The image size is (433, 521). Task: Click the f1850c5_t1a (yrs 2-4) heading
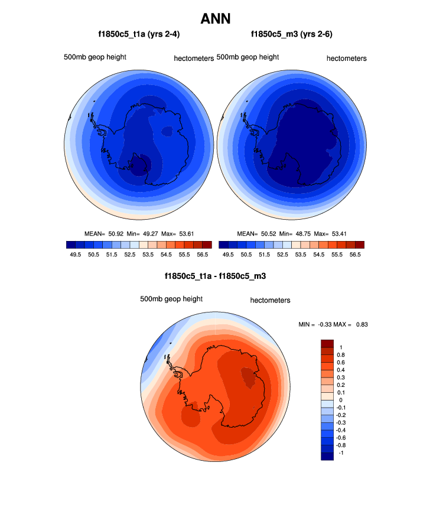pyautogui.click(x=139, y=34)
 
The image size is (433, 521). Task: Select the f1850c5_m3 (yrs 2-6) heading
pyautogui.click(x=292, y=34)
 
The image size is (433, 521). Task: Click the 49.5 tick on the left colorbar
pyautogui.click(x=75, y=254)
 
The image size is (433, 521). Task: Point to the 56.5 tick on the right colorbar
pyautogui.click(x=354, y=254)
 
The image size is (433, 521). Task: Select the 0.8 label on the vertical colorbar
pyautogui.click(x=340, y=355)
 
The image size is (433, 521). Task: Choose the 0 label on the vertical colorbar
pyautogui.click(x=339, y=400)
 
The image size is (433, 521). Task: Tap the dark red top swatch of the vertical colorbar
pyautogui.click(x=327, y=343)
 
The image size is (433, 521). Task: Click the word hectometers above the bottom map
pyautogui.click(x=270, y=300)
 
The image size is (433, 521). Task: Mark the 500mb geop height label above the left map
pyautogui.click(x=95, y=57)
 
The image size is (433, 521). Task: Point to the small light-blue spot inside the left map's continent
pyautogui.click(x=168, y=131)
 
